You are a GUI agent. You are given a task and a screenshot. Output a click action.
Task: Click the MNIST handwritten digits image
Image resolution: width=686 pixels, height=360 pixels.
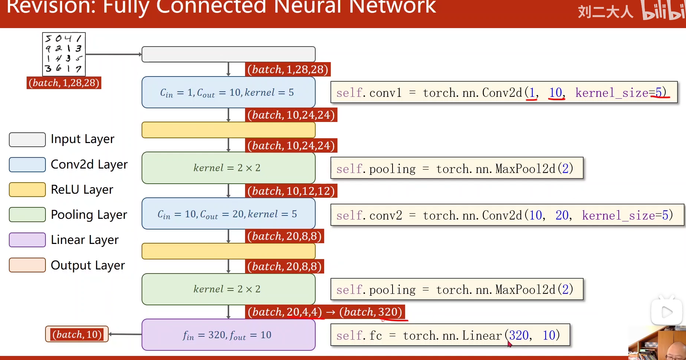click(64, 54)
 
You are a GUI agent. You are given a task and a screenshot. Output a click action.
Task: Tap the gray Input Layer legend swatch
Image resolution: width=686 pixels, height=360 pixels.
click(27, 140)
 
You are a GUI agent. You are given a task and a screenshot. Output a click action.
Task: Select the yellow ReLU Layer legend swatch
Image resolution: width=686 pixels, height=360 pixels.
click(27, 190)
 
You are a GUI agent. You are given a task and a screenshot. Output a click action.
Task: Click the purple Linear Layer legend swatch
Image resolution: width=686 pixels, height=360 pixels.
click(27, 240)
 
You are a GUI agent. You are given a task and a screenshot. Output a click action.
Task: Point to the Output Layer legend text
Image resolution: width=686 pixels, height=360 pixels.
click(88, 265)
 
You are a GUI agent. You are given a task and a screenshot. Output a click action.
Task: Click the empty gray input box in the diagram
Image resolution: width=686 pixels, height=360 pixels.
click(228, 54)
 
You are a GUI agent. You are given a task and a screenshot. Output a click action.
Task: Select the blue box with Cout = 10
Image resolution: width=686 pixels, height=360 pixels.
click(228, 92)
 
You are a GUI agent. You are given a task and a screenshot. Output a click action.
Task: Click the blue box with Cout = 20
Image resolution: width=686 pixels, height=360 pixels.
click(228, 214)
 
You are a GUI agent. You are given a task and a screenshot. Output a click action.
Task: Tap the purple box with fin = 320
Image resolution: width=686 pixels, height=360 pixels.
click(228, 335)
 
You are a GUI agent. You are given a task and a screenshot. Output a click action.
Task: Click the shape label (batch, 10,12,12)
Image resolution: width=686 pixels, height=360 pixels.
click(291, 191)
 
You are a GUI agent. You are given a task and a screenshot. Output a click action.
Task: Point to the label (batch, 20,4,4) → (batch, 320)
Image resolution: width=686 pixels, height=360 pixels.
click(325, 312)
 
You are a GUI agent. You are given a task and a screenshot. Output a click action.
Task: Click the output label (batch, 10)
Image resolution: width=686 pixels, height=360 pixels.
click(77, 334)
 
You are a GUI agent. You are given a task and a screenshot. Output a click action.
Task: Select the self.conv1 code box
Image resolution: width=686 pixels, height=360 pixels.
click(504, 92)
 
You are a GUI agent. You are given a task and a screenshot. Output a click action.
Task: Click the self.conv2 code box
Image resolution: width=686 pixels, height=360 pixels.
click(507, 215)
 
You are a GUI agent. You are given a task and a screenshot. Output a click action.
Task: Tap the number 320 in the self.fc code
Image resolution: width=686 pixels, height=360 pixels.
click(519, 335)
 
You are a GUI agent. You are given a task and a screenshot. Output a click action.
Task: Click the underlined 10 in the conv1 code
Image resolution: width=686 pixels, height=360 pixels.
click(556, 92)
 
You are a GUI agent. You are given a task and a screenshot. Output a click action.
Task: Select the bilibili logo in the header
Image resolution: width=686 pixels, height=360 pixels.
click(663, 10)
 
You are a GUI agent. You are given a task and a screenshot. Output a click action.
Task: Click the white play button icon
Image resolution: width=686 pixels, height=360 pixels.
click(666, 312)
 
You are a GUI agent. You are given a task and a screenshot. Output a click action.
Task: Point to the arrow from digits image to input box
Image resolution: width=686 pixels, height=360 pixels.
click(113, 54)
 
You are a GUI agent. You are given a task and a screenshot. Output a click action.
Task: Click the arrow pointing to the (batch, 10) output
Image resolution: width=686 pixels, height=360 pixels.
click(125, 334)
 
